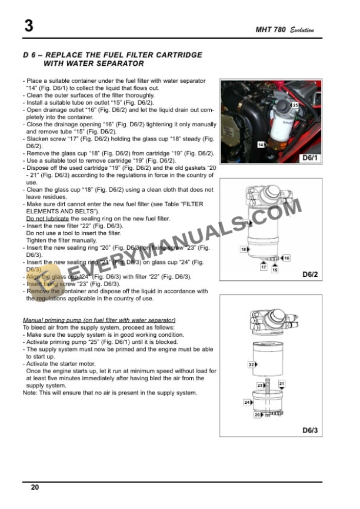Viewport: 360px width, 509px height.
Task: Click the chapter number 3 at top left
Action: (28, 26)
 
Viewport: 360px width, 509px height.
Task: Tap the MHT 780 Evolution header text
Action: (285, 30)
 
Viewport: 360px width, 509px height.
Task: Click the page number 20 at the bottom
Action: (35, 487)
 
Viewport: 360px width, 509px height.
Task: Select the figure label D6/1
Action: (309, 158)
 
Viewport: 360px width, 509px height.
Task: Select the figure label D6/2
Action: (309, 274)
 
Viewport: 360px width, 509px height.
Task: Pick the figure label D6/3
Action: (309, 430)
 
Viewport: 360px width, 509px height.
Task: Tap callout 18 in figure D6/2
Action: (243, 250)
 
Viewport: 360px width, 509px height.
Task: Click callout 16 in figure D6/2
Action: (286, 259)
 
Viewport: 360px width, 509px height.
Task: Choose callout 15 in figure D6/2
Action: (275, 270)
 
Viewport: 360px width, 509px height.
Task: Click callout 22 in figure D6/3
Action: (251, 364)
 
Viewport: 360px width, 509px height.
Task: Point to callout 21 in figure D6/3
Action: (282, 384)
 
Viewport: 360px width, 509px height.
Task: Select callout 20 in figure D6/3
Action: (257, 415)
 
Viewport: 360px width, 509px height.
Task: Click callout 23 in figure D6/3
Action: (260, 385)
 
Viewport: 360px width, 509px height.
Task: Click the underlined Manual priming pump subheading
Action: (98, 319)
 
